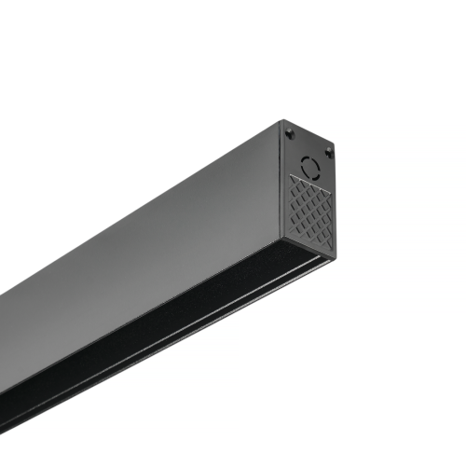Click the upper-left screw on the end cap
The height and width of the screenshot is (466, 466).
coord(289,131)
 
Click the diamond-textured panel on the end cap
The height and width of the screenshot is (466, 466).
coord(310,212)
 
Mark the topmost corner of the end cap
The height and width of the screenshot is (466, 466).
coord(281,120)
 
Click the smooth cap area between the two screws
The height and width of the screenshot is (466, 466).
coord(308,140)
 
